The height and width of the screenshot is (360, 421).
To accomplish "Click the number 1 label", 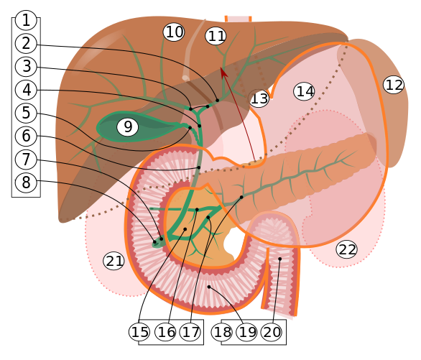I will (26, 20).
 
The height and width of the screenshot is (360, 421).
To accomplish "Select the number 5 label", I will (26, 113).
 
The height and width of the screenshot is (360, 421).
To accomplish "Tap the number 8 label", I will (26, 183).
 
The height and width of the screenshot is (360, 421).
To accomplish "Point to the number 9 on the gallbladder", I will (127, 127).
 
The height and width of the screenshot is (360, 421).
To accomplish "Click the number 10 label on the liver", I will (174, 32).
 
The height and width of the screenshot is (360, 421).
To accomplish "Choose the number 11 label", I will (216, 36).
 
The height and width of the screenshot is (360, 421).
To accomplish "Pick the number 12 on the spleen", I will (394, 85).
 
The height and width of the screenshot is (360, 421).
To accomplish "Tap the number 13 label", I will (259, 99).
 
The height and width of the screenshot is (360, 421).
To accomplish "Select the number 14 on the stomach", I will (305, 91).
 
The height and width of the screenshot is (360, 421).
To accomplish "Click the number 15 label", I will (140, 332).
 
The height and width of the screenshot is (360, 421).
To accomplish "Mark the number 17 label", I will (190, 332).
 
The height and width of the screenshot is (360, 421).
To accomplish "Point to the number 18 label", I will (223, 332).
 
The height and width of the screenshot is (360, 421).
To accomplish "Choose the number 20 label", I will (272, 332).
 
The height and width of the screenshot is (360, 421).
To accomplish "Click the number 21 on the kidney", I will (114, 261).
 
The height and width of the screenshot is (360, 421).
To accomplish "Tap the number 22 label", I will (347, 249).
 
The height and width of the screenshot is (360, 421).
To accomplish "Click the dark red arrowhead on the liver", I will (223, 72).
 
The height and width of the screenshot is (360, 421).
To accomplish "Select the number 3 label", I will (26, 67).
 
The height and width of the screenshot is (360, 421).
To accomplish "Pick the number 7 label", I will (26, 160).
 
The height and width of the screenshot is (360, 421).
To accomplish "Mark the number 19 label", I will (247, 332).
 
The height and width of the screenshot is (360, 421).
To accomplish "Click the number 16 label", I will (166, 332).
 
